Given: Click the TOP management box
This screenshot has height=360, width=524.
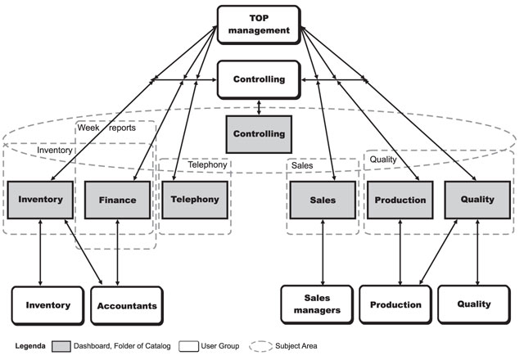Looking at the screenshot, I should click(259, 25).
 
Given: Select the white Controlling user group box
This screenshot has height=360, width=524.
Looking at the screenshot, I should click(259, 80).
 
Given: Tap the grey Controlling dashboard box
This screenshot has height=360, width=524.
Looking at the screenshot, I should click(259, 133).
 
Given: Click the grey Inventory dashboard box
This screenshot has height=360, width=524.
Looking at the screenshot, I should click(40, 200).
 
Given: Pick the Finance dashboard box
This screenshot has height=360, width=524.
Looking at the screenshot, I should click(118, 200).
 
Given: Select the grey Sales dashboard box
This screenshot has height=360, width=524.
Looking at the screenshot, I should click(323, 200).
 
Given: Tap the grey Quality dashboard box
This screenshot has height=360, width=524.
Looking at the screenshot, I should click(477, 200).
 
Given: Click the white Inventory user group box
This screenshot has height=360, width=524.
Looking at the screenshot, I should click(47, 305).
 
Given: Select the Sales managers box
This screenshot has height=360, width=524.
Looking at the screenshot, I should click(316, 305).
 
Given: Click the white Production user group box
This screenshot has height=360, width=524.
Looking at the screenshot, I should click(395, 305).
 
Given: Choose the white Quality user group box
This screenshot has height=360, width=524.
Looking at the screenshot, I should click(475, 305).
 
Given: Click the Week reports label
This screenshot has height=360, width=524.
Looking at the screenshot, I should click(106, 128).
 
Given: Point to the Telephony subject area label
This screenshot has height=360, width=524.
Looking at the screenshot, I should click(207, 164).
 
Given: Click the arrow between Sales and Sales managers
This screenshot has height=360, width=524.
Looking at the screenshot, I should click(323, 251).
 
